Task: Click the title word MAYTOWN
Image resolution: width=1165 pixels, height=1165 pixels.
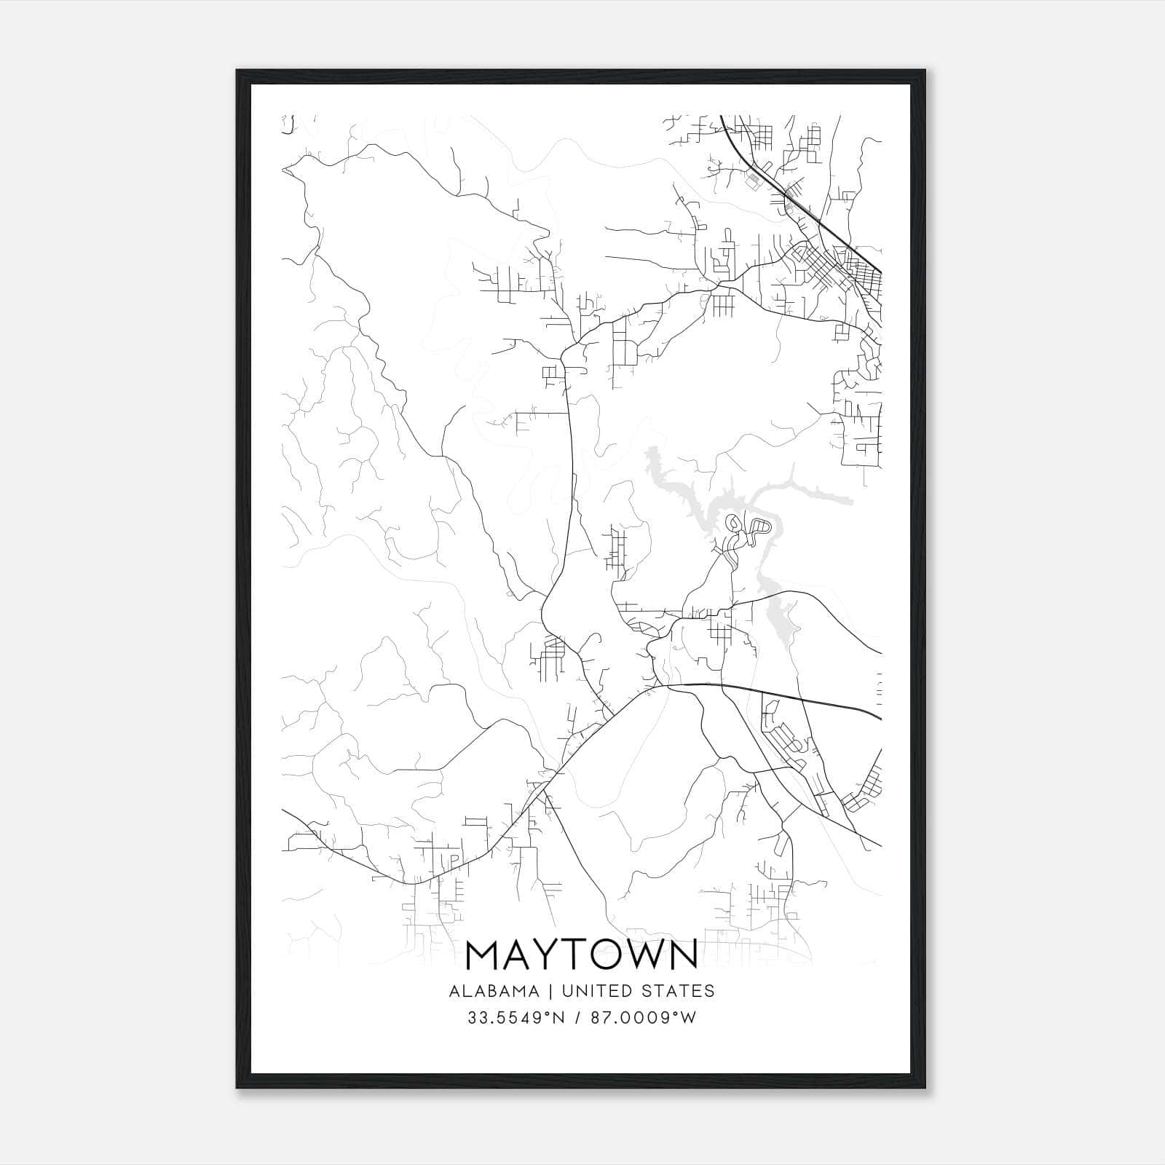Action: (x=582, y=955)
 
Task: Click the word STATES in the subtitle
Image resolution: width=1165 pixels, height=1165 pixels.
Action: (x=681, y=991)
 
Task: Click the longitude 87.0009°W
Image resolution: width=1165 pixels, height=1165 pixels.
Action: (x=643, y=1018)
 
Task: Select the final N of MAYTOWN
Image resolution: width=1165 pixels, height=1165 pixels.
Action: (x=683, y=955)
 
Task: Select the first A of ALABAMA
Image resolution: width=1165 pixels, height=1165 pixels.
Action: (x=454, y=991)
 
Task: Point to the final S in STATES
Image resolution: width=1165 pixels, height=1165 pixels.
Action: (x=710, y=991)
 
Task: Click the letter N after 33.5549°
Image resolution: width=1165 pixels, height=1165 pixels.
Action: (x=559, y=1018)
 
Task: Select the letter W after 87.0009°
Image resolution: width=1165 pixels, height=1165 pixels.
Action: (x=690, y=1018)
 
